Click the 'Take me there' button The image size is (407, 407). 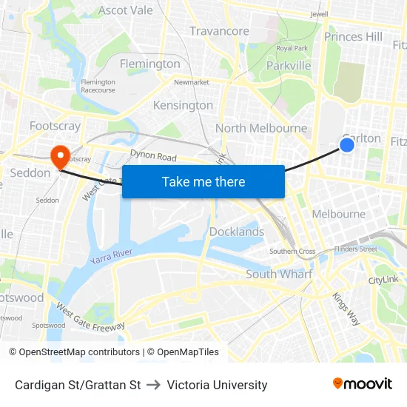(x=203, y=181)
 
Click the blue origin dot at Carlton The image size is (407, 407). (x=346, y=145)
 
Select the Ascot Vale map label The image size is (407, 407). (x=126, y=10)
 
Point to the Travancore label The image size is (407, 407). (x=219, y=31)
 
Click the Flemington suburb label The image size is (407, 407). (x=149, y=64)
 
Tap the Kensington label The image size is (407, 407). (x=183, y=105)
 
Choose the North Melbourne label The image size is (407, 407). (x=261, y=128)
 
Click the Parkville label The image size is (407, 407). (x=289, y=66)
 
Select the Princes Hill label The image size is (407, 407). (x=353, y=36)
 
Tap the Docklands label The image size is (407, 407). (x=237, y=232)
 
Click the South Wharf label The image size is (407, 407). (x=279, y=274)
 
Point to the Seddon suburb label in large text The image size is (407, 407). (x=30, y=172)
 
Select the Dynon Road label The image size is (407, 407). (x=153, y=157)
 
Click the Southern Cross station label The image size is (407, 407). (x=292, y=252)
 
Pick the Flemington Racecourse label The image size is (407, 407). (x=98, y=86)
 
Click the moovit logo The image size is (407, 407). (x=363, y=383)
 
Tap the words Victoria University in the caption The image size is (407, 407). (x=217, y=385)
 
